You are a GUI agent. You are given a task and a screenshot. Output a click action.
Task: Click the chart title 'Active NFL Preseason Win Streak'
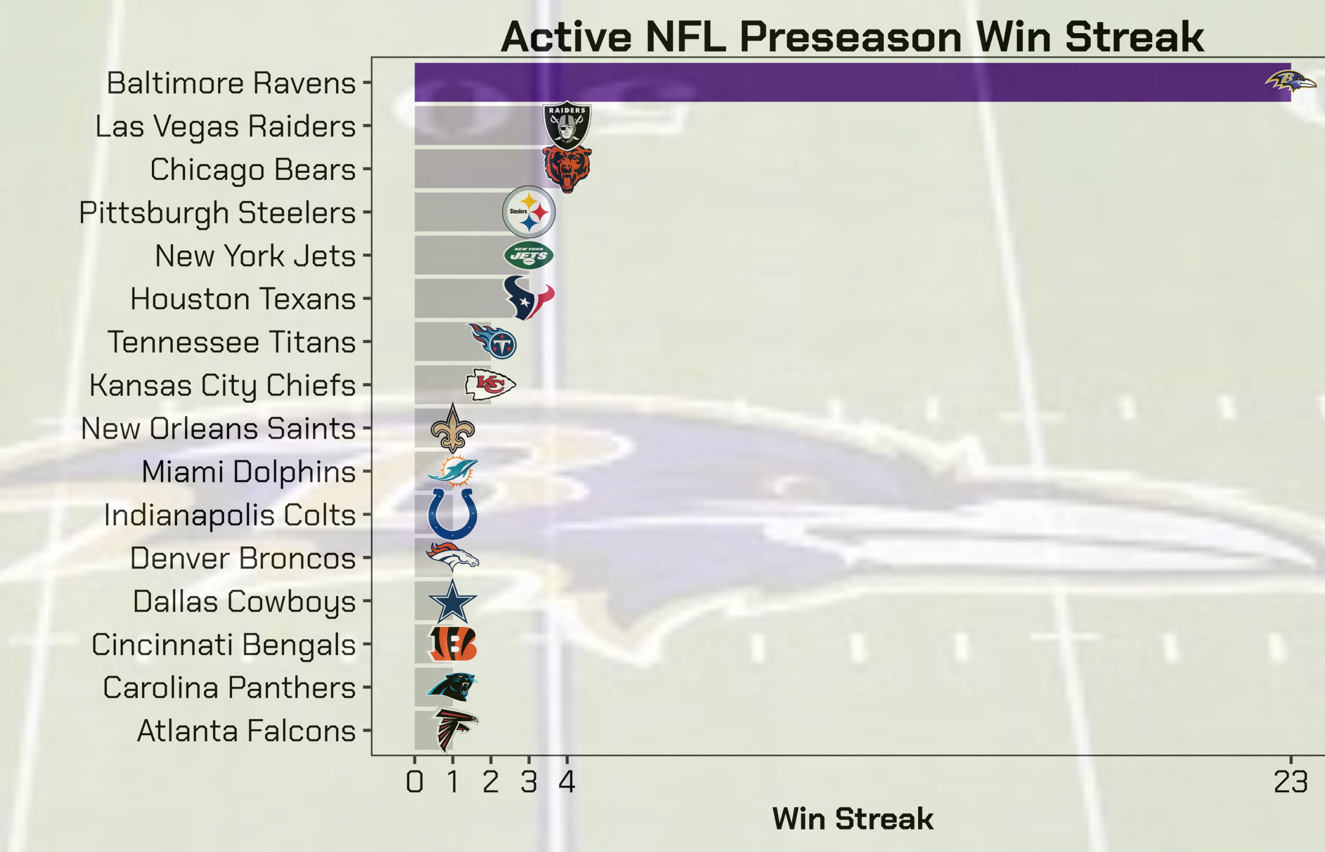pyautogui.click(x=852, y=37)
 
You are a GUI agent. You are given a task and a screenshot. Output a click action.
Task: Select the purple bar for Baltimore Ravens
pyautogui.click(x=830, y=82)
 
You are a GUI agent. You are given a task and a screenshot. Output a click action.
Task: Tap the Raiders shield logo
pyautogui.click(x=567, y=125)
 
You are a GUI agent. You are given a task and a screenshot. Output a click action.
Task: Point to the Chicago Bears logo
pyautogui.click(x=567, y=168)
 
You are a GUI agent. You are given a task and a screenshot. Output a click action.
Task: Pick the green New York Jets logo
pyautogui.click(x=529, y=255)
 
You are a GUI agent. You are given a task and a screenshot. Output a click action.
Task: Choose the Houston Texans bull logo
pyautogui.click(x=528, y=298)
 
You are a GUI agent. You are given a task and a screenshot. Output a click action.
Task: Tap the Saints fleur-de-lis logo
pyautogui.click(x=452, y=428)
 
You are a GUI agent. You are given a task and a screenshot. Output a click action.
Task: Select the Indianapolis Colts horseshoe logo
pyautogui.click(x=452, y=514)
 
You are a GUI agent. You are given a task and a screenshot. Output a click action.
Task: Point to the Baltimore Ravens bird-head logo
pyautogui.click(x=1290, y=82)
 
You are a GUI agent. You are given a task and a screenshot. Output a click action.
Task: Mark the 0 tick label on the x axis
pyautogui.click(x=415, y=782)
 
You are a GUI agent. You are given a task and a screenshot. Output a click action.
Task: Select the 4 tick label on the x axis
pyautogui.click(x=567, y=782)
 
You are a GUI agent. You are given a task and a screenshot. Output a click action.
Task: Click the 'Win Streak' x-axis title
pyautogui.click(x=852, y=819)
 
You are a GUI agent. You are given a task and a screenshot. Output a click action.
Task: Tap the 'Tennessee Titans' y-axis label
pyautogui.click(x=231, y=342)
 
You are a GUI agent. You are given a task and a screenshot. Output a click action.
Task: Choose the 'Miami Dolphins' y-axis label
pyautogui.click(x=248, y=472)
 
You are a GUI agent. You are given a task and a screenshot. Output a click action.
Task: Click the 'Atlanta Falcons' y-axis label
pyautogui.click(x=246, y=731)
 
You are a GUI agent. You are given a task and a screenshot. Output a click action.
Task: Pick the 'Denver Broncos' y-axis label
pyautogui.click(x=243, y=558)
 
